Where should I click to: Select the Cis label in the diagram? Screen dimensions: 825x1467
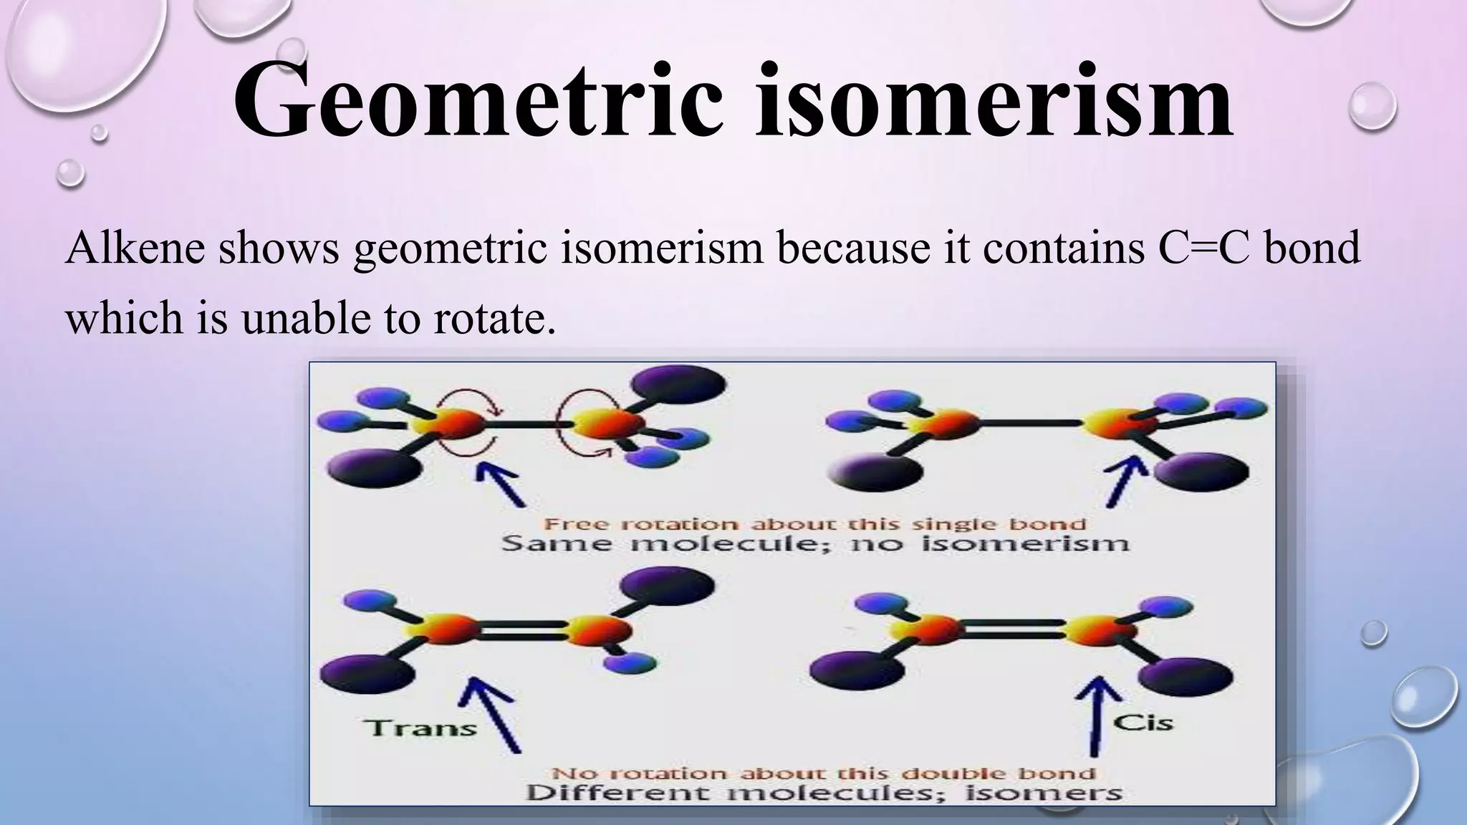pos(1143,722)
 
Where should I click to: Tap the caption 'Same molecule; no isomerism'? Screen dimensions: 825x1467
pos(814,544)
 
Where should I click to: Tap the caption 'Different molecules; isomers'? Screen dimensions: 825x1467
pos(823,793)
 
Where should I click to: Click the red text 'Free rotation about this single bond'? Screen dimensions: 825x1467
pos(814,524)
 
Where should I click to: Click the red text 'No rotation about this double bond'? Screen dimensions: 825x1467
pos(823,773)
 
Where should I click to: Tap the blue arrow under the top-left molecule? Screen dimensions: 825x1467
pos(501,483)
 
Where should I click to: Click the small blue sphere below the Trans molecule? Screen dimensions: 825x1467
pos(629,663)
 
